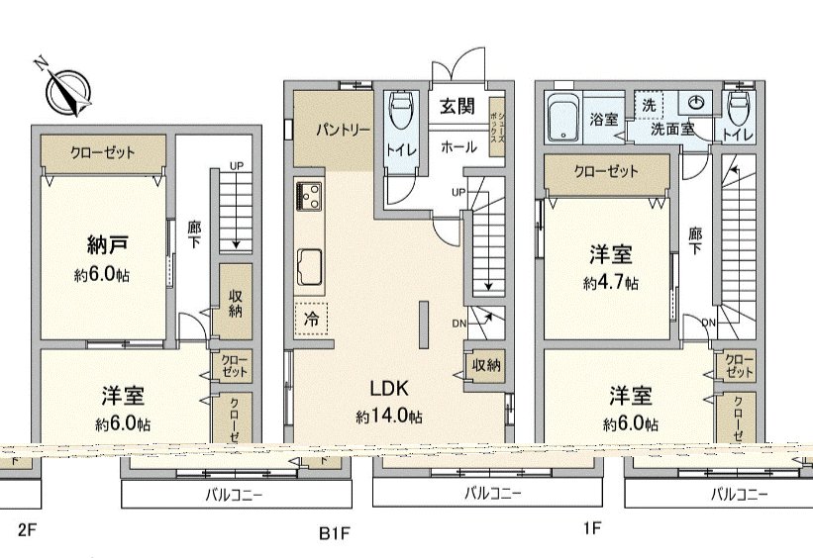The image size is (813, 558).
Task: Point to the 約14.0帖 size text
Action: tap(389, 418)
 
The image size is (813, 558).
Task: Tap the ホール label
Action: tap(457, 145)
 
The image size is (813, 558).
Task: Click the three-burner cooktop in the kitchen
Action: tap(308, 197)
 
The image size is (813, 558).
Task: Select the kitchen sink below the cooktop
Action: tap(308, 265)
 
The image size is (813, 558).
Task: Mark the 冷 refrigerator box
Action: tap(312, 320)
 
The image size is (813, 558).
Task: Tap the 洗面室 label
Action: tap(670, 129)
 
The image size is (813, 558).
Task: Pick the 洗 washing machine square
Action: tap(649, 104)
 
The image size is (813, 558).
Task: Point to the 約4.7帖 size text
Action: tap(610, 283)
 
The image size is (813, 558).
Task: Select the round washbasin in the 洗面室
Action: tap(695, 103)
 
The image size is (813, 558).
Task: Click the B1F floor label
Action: tap(335, 534)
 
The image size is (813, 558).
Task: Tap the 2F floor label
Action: tap(27, 529)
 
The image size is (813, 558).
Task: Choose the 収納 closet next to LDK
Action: tap(486, 365)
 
